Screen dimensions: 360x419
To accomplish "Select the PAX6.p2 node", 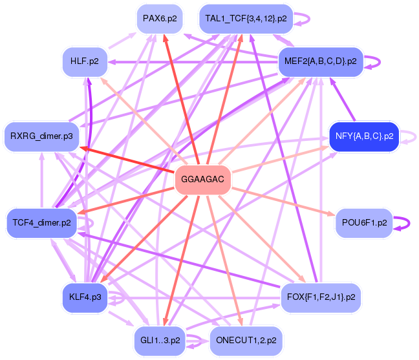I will click(x=160, y=19).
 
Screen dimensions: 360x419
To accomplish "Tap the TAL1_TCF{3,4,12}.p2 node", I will click(x=246, y=19).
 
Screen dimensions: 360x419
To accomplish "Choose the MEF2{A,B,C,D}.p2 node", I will click(x=320, y=61).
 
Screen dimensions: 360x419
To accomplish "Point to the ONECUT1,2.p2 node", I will click(x=246, y=339).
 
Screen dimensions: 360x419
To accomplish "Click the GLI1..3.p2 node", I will click(x=160, y=339).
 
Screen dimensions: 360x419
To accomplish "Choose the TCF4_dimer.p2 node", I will click(x=42, y=223).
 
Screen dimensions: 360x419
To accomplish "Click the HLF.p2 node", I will click(x=85, y=61).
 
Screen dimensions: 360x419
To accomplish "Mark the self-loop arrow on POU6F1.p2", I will click(x=406, y=222).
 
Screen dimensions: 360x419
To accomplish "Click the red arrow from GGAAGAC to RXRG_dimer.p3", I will click(x=129, y=158).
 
